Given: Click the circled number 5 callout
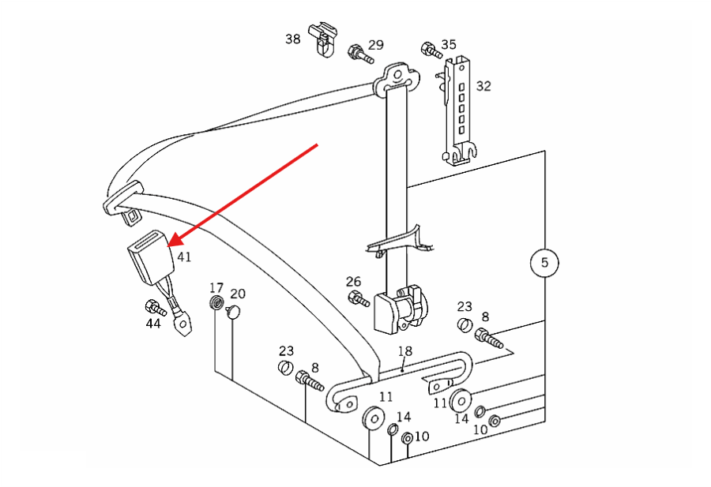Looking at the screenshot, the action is point(544,263).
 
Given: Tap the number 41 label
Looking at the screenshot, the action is point(184,257).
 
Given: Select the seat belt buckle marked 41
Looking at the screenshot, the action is point(151,257).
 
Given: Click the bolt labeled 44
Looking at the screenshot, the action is point(156,308).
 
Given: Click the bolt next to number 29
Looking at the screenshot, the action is point(360,54).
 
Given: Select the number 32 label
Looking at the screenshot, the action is point(483,86).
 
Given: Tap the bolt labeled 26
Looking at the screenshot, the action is point(359,298).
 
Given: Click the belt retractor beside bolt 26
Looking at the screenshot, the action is point(401,309).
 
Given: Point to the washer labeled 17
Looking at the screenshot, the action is point(216,302).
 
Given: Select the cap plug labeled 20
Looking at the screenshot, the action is point(233,312).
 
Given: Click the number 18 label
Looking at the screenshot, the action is point(405,351).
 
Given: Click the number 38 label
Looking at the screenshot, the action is point(292,39).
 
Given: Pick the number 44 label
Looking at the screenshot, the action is point(153,324).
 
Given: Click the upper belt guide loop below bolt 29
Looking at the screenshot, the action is point(397,78).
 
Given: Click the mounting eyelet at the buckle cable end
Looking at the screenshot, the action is point(183,325).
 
